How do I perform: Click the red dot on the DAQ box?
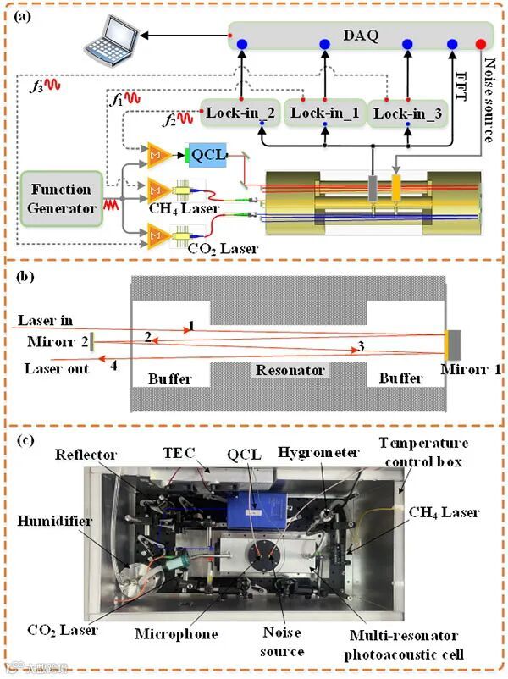(482, 43)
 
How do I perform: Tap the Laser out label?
(57, 368)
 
